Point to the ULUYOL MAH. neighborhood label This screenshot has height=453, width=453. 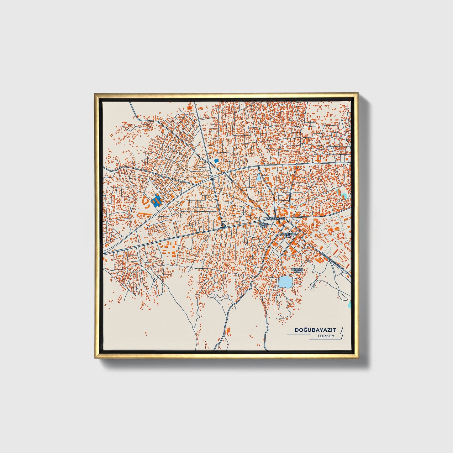[263, 225]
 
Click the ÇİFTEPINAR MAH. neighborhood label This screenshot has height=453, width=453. [288, 235]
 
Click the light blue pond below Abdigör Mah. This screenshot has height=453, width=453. [285, 282]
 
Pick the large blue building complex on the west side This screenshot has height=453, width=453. [156, 200]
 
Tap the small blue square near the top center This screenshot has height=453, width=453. [216, 161]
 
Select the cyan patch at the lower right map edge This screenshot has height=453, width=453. [350, 303]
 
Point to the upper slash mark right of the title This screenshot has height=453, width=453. [341, 329]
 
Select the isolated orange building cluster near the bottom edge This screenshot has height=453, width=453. [228, 330]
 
